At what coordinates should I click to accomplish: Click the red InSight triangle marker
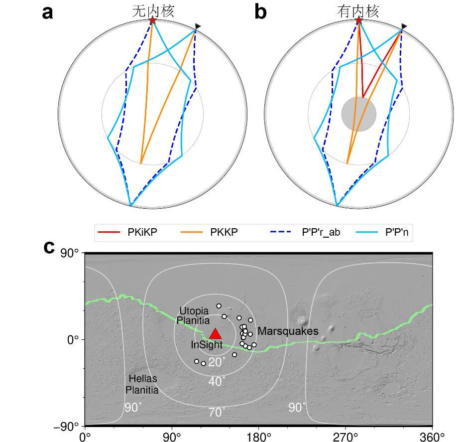(x=215, y=334)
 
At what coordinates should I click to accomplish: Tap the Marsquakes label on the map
(x=288, y=331)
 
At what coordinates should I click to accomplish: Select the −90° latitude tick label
(x=67, y=427)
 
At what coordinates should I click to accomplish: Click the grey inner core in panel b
(x=358, y=114)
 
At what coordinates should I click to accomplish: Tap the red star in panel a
(x=152, y=20)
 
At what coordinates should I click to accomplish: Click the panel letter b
(x=260, y=12)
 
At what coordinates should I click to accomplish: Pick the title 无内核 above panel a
(x=153, y=11)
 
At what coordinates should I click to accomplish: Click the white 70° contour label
(x=217, y=412)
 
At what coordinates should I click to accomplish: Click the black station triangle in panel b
(x=404, y=26)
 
